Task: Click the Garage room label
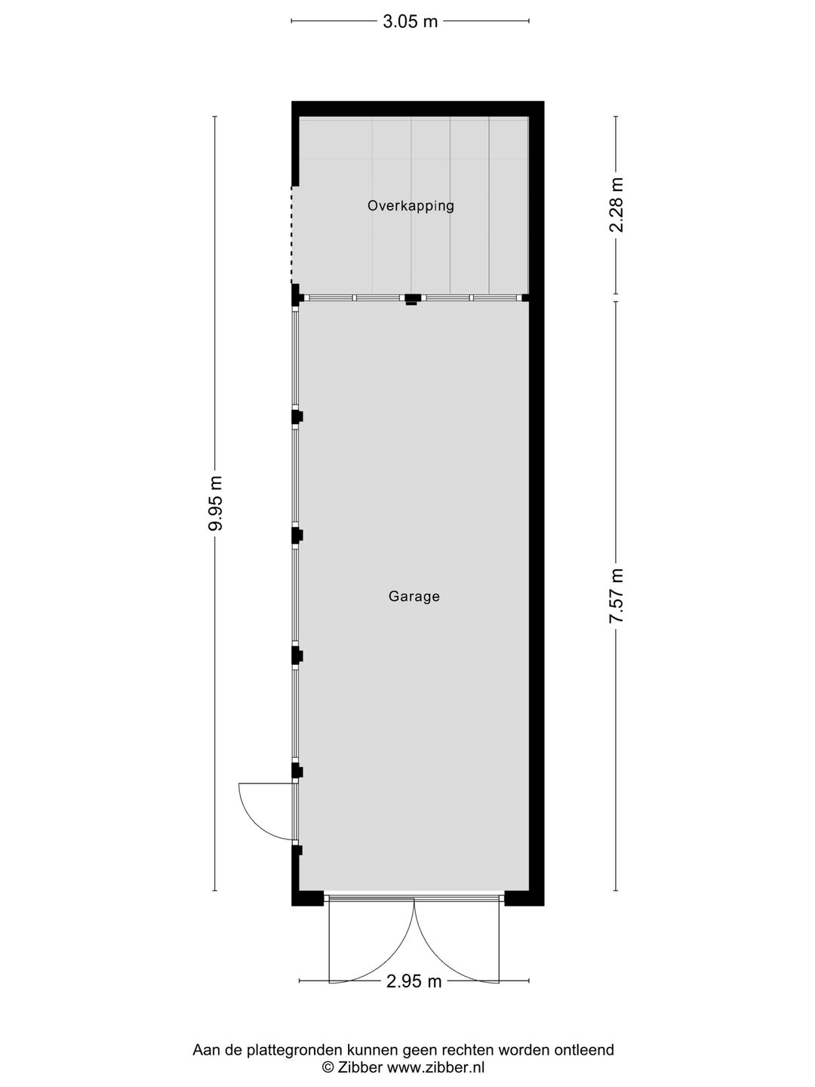[414, 596]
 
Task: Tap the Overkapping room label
[411, 205]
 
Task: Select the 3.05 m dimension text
[411, 21]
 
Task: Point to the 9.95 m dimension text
[215, 503]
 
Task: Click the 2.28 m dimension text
[616, 205]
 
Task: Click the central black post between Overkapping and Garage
[412, 299]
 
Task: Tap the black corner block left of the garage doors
[307, 898]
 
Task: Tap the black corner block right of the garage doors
[524, 898]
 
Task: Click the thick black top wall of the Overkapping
[417, 109]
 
